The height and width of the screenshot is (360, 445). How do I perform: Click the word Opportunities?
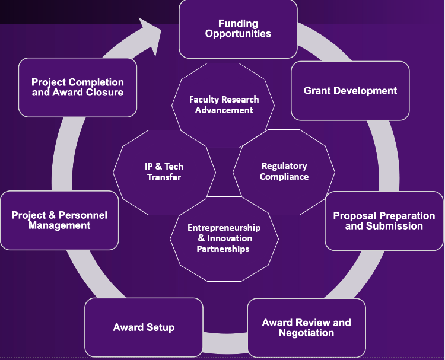[238, 34]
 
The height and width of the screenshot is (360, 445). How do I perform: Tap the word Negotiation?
[306, 333]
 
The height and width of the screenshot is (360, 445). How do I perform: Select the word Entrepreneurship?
[224, 228]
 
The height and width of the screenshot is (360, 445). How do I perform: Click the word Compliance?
[284, 177]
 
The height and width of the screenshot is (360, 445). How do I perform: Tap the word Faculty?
[204, 100]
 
